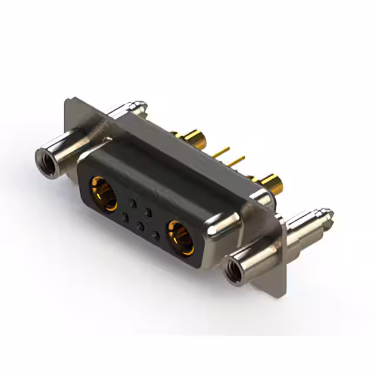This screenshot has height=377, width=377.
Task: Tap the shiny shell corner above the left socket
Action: click(106, 142)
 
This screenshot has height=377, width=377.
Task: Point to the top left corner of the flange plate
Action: click(67, 101)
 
